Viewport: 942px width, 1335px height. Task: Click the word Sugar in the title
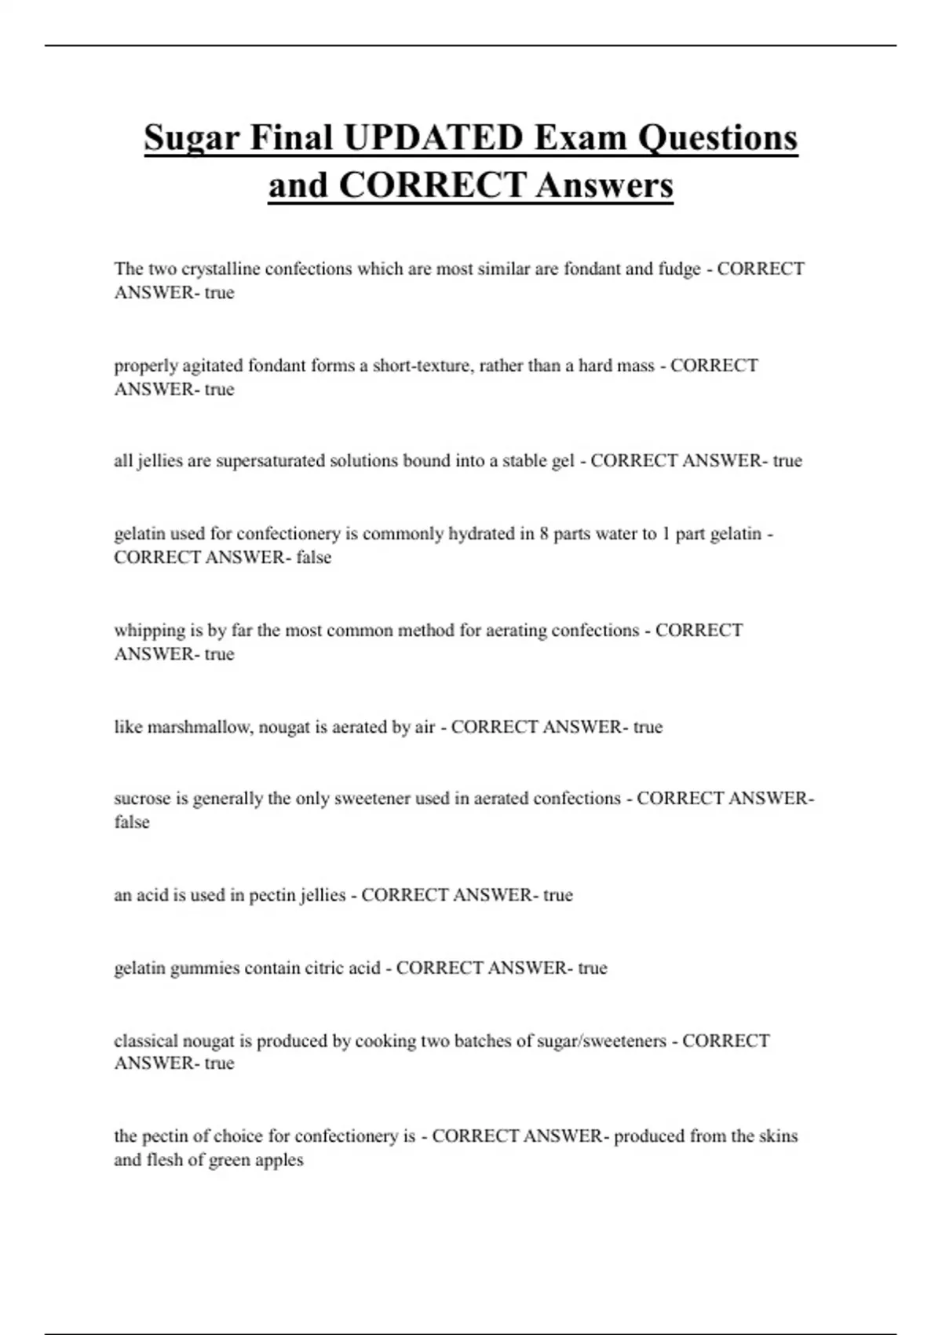point(192,138)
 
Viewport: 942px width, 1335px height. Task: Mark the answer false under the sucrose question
point(131,822)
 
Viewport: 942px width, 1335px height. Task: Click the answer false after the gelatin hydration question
point(313,558)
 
